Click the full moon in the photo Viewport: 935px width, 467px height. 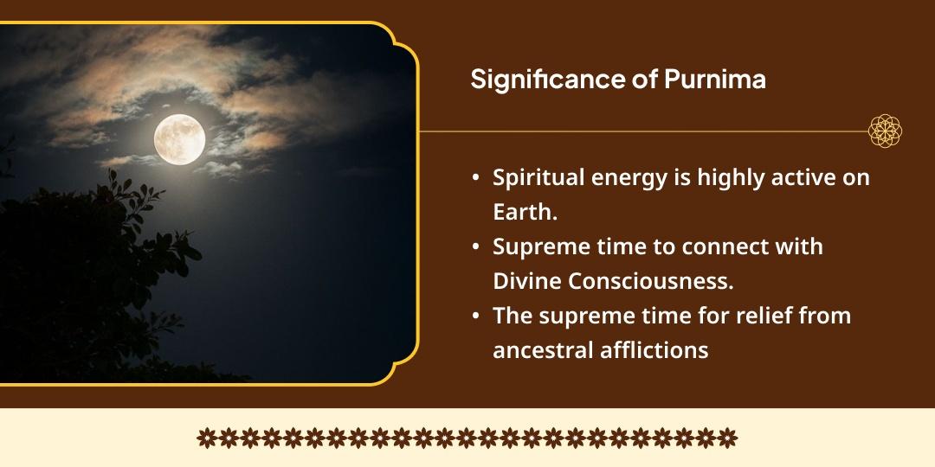click(179, 139)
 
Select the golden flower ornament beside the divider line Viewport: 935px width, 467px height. click(885, 131)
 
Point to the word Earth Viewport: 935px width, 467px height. click(525, 213)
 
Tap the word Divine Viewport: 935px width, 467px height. click(526, 281)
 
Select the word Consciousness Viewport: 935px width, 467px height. click(650, 281)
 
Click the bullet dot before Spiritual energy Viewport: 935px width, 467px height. click(475, 178)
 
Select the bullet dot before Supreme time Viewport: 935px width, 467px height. click(475, 246)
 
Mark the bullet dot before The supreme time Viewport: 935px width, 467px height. click(475, 315)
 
